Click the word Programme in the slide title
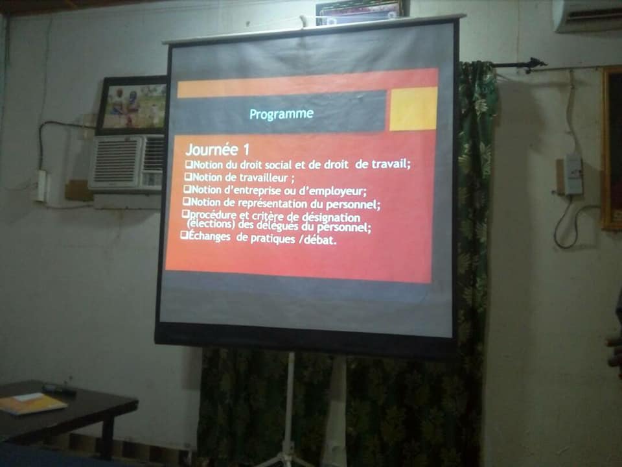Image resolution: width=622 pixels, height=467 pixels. (x=281, y=114)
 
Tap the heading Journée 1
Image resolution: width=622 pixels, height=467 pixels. (x=218, y=149)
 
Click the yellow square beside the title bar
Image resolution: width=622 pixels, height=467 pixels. (x=413, y=108)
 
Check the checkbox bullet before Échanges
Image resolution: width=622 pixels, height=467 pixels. (x=184, y=235)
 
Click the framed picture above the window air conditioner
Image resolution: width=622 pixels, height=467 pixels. (x=132, y=105)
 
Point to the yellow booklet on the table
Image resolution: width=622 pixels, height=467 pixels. (x=32, y=403)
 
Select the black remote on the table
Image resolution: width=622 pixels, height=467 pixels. (x=59, y=390)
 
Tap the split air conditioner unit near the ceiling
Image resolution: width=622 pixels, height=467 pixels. (x=588, y=15)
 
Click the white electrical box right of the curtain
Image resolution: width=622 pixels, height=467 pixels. (x=573, y=175)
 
